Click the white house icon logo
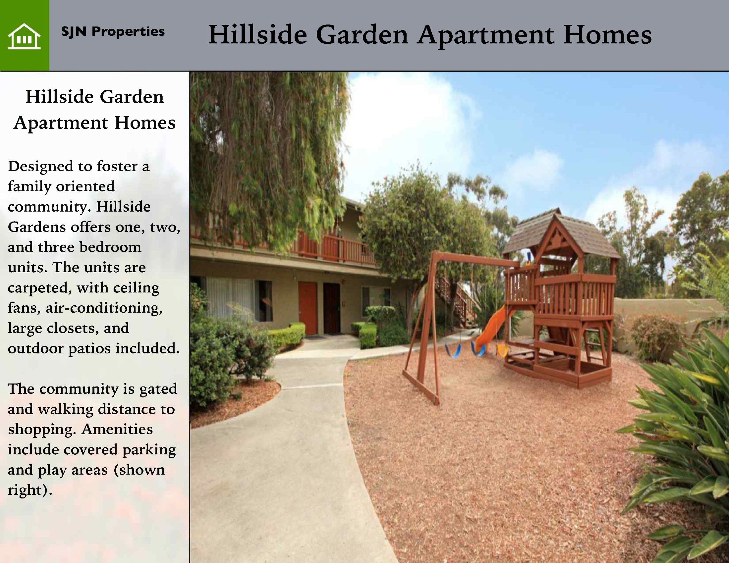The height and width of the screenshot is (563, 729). coord(25,36)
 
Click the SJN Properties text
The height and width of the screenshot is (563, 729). coord(113,32)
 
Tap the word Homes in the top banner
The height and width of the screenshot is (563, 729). coord(607,34)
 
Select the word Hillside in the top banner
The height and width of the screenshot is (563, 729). coord(258,34)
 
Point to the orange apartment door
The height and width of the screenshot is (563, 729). coord(308,308)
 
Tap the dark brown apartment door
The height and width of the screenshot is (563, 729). coord(331,308)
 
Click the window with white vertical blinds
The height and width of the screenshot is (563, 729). coord(230,299)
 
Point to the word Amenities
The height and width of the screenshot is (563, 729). coord(117,430)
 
